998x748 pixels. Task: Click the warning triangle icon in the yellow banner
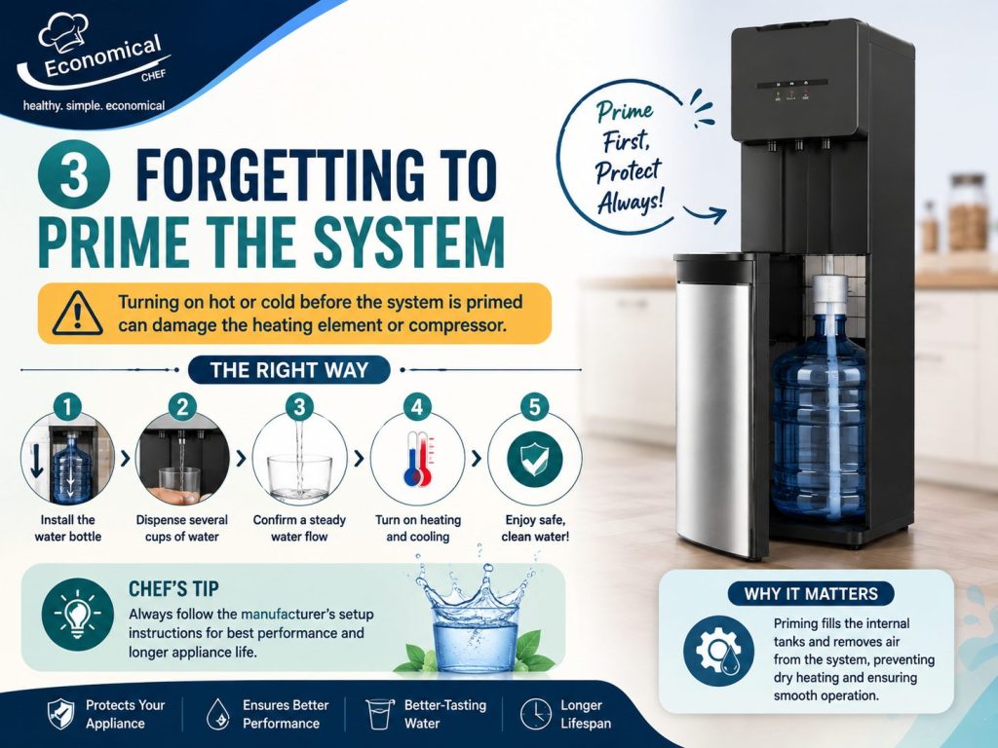tap(77, 313)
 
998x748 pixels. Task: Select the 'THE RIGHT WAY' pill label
tap(288, 369)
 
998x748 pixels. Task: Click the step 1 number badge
tap(67, 406)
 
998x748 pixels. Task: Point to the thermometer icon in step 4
tap(418, 460)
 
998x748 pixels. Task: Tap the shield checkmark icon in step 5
tap(535, 460)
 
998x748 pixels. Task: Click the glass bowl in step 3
tap(299, 477)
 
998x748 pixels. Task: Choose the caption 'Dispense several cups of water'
tap(182, 528)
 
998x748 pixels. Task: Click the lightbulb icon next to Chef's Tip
tap(77, 615)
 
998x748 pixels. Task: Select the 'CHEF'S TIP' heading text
tap(173, 589)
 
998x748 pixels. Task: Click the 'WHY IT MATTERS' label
tap(811, 594)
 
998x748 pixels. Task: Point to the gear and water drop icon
tap(718, 651)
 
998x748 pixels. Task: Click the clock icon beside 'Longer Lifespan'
tap(535, 714)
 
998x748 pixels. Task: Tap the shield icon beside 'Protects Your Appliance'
tap(61, 714)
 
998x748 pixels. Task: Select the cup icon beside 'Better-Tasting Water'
tap(379, 714)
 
